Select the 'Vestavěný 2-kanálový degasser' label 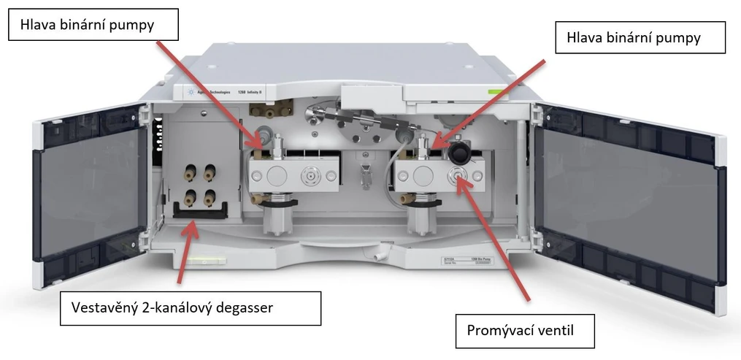point(191,308)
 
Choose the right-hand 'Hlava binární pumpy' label point(640,38)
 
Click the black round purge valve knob point(459,151)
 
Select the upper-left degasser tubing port point(188,174)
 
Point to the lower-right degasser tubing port point(210,195)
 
